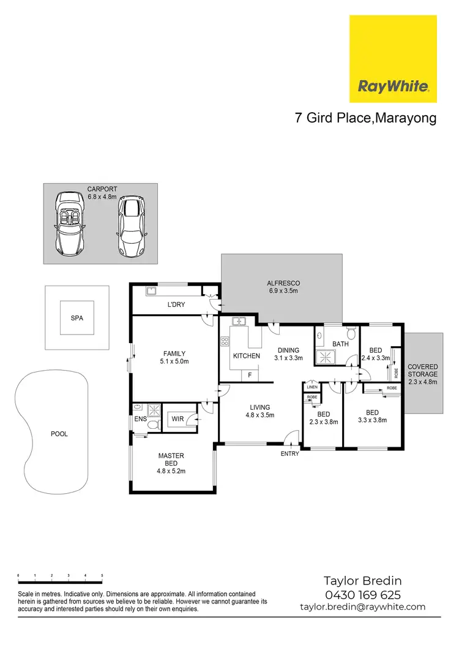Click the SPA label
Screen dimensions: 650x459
coord(76,319)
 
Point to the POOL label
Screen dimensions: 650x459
coord(59,434)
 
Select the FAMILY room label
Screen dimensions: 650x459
coord(174,353)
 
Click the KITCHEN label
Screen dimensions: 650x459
coord(247,356)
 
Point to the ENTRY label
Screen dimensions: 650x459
coord(289,454)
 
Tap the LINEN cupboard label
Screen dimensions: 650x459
coord(312,387)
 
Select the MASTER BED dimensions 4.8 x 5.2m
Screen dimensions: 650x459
coord(171,471)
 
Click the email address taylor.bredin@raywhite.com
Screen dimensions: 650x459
coord(362,607)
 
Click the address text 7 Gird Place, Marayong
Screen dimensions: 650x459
coord(366,118)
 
